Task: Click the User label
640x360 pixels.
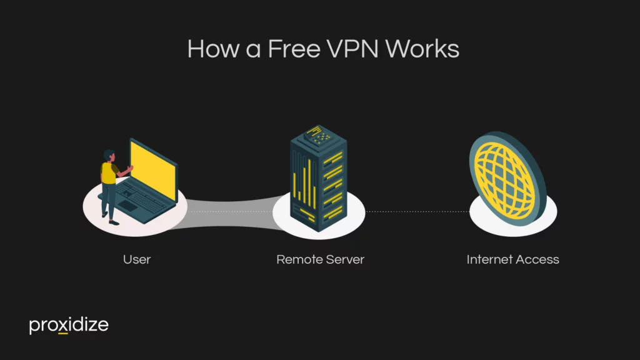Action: (x=137, y=259)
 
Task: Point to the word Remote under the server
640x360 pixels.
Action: (x=297, y=259)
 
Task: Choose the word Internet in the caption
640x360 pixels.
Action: (x=490, y=259)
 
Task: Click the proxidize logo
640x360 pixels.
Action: (x=69, y=325)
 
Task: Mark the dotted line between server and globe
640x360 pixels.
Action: (x=419, y=212)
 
